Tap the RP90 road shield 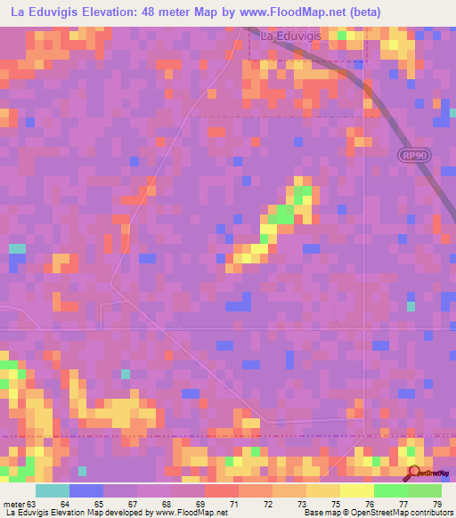point(411,155)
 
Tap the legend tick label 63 point(34,503)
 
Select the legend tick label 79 point(437,503)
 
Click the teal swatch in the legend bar point(53,490)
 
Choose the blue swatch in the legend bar point(86,490)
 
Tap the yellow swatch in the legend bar point(357,490)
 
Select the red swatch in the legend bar point(222,490)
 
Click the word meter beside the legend point(12,503)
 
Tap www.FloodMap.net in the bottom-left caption point(191,513)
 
